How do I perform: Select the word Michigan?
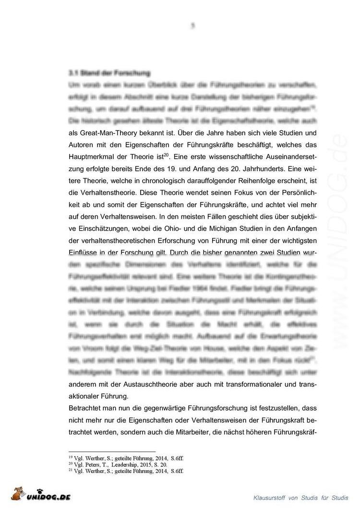click(x=202, y=231)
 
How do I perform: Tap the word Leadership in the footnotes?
click(x=124, y=464)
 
